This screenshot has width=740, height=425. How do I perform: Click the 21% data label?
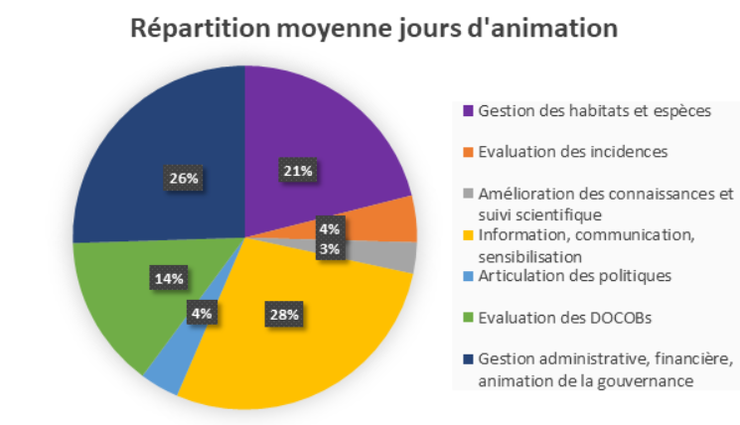pyautogui.click(x=298, y=171)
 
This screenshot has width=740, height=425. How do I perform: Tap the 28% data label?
pyautogui.click(x=282, y=315)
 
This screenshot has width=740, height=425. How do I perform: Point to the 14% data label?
pyautogui.click(x=167, y=278)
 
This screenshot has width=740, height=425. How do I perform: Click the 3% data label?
pyautogui.click(x=330, y=249)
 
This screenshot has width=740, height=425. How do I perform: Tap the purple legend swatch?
pyautogui.click(x=466, y=110)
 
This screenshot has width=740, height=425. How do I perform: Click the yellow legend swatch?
pyautogui.click(x=466, y=235)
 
